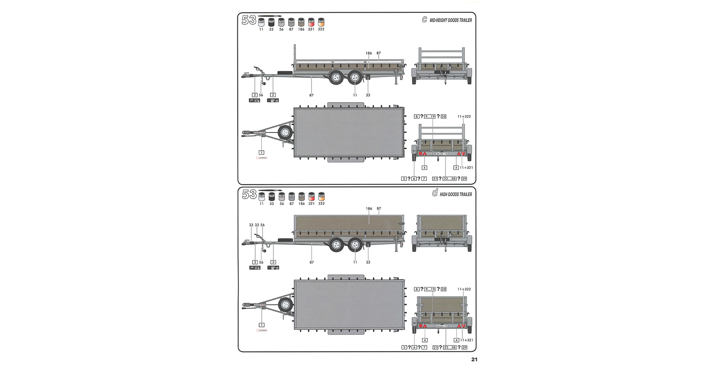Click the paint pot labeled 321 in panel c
click(x=311, y=22)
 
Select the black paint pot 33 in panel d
click(x=272, y=196)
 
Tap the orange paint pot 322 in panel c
click(x=321, y=22)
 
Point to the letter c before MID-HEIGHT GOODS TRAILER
click(x=424, y=19)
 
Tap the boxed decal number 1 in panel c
click(x=261, y=152)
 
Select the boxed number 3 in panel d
click(x=273, y=262)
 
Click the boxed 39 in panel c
click(x=464, y=178)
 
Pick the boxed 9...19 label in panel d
click(x=430, y=289)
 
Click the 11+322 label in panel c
click(x=464, y=116)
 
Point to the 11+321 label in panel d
click(x=467, y=340)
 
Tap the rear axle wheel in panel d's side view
click(x=355, y=245)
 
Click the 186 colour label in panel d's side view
click(x=369, y=208)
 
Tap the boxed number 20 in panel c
click(x=443, y=116)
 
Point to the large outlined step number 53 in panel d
click(x=249, y=194)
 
